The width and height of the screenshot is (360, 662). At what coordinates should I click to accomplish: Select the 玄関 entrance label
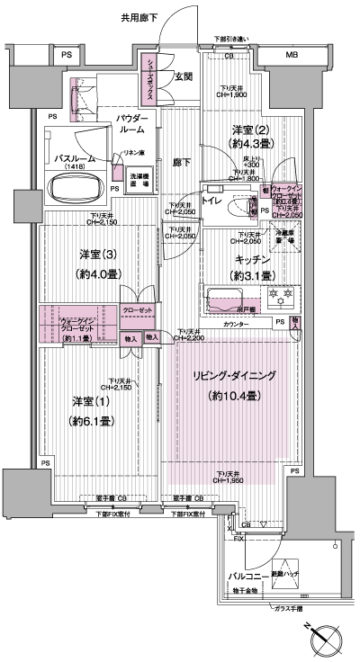(x=184, y=76)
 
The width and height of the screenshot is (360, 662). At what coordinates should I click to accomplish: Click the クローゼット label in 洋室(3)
(x=139, y=309)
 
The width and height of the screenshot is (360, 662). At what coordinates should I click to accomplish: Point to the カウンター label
(x=236, y=322)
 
